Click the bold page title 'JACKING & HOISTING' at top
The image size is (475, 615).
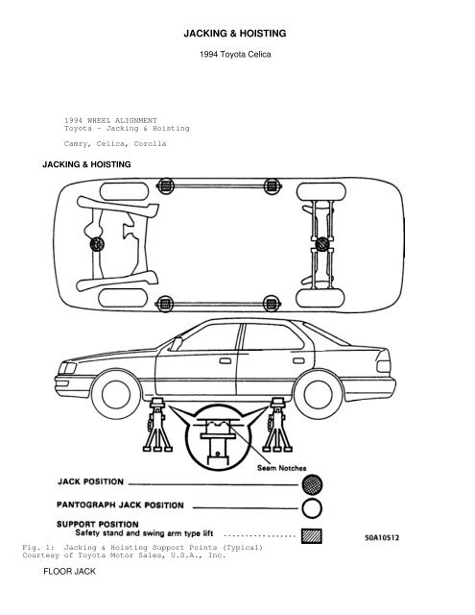click(x=235, y=34)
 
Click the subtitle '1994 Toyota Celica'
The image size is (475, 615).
click(x=235, y=54)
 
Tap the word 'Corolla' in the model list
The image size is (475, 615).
click(x=150, y=143)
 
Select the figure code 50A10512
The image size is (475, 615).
click(x=382, y=537)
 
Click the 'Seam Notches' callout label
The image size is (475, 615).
click(x=281, y=468)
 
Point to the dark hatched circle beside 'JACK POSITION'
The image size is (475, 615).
click(x=312, y=484)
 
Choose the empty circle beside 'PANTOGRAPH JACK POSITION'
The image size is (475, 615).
click(x=312, y=508)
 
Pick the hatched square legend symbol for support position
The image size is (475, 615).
click(x=312, y=536)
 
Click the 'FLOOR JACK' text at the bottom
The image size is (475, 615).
click(x=69, y=572)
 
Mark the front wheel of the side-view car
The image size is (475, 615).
click(x=116, y=394)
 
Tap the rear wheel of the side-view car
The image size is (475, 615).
click(x=318, y=394)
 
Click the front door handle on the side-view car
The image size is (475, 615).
click(x=226, y=361)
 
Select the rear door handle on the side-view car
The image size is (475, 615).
click(x=298, y=361)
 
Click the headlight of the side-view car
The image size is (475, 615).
click(x=67, y=368)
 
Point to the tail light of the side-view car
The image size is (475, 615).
click(x=384, y=366)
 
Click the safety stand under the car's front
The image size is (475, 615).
click(x=157, y=425)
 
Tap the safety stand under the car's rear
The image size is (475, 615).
click(x=277, y=425)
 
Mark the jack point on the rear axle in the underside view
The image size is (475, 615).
click(x=321, y=244)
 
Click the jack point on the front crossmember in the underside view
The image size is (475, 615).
click(x=97, y=244)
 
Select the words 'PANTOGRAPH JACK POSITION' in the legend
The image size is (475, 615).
click(x=120, y=504)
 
